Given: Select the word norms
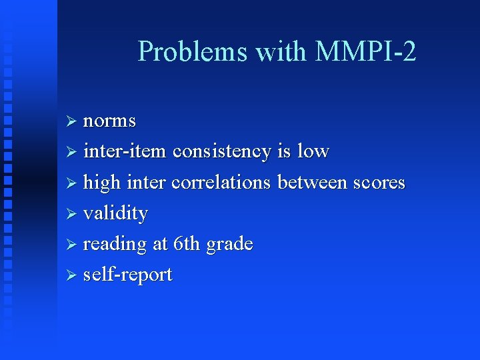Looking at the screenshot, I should click(x=109, y=122).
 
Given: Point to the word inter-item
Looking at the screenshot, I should click(x=125, y=152).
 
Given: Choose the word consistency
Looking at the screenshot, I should click(x=221, y=152).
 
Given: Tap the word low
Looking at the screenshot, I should click(x=313, y=152).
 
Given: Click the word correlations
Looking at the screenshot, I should click(x=221, y=183).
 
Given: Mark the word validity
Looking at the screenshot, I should click(x=115, y=213).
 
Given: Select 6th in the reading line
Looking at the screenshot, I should click(x=187, y=244).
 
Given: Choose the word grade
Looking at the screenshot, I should click(x=230, y=245).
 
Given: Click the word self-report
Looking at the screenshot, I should click(x=128, y=275).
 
